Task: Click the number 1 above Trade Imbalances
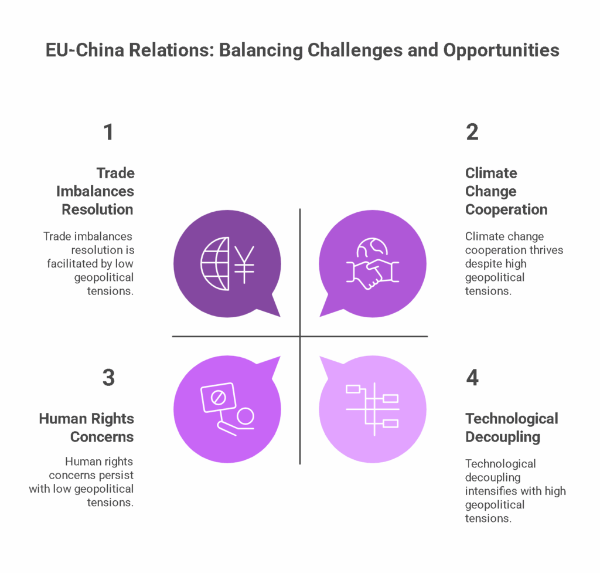pos(108,132)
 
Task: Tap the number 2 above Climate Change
pos(472,132)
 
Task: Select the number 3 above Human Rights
pos(108,378)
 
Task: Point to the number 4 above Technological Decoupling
pos(473,378)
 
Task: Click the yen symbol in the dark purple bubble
pos(244,265)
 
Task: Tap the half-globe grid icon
pos(215,263)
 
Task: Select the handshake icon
pos(373,273)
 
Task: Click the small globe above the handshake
pos(372,248)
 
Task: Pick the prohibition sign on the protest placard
pos(219,398)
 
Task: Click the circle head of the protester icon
pos(246,416)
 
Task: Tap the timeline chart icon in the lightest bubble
pos(372,409)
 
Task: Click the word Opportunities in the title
pos(502,50)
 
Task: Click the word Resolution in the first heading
pos(98,209)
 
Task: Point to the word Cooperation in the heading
pos(506,210)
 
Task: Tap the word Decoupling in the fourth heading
pos(503,437)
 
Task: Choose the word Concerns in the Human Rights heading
pos(102,437)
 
